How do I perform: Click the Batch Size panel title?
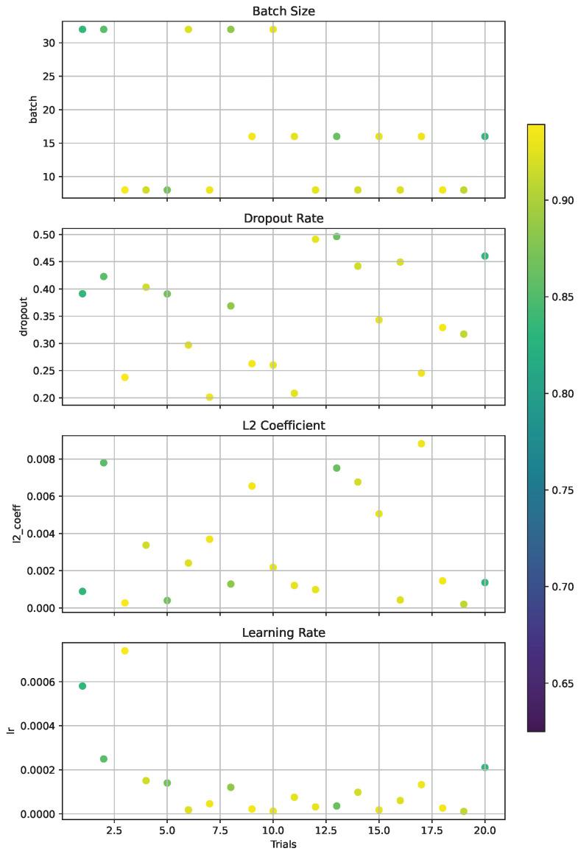(x=283, y=11)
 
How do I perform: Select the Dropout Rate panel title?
(x=283, y=219)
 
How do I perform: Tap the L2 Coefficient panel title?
(x=283, y=426)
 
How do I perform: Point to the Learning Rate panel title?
(x=283, y=632)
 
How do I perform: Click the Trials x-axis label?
(x=283, y=844)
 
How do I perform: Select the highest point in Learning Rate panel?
(x=124, y=651)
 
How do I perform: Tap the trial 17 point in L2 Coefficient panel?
(x=421, y=444)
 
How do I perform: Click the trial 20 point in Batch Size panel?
(x=484, y=136)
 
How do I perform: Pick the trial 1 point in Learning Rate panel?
(x=82, y=686)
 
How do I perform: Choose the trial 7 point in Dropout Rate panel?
(x=210, y=397)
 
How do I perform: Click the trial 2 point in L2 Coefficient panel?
(x=104, y=463)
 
